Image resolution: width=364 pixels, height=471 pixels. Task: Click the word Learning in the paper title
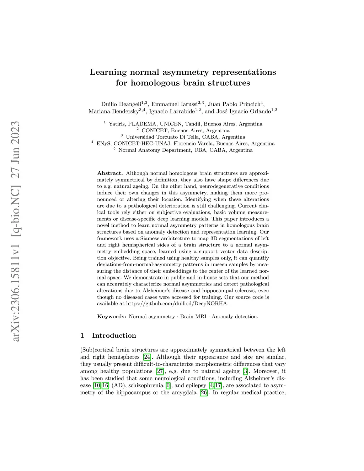[108, 72]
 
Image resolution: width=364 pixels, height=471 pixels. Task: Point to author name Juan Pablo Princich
[234, 104]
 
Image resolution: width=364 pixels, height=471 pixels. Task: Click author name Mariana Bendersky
[113, 112]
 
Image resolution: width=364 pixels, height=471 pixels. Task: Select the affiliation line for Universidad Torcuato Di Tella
[185, 137]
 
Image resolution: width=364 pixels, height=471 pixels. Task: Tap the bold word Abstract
[110, 173]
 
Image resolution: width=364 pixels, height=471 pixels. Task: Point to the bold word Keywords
[112, 316]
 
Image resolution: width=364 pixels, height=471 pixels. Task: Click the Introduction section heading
[114, 336]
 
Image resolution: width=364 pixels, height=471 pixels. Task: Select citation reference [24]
[147, 357]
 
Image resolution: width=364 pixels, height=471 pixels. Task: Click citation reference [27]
[160, 371]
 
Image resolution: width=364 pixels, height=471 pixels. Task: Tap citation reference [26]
[204, 392]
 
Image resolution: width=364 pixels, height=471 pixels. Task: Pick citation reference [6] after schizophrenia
[168, 385]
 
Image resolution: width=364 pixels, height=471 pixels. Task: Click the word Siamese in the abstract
[152, 238]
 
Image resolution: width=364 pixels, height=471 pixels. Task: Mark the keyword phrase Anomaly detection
[235, 316]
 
